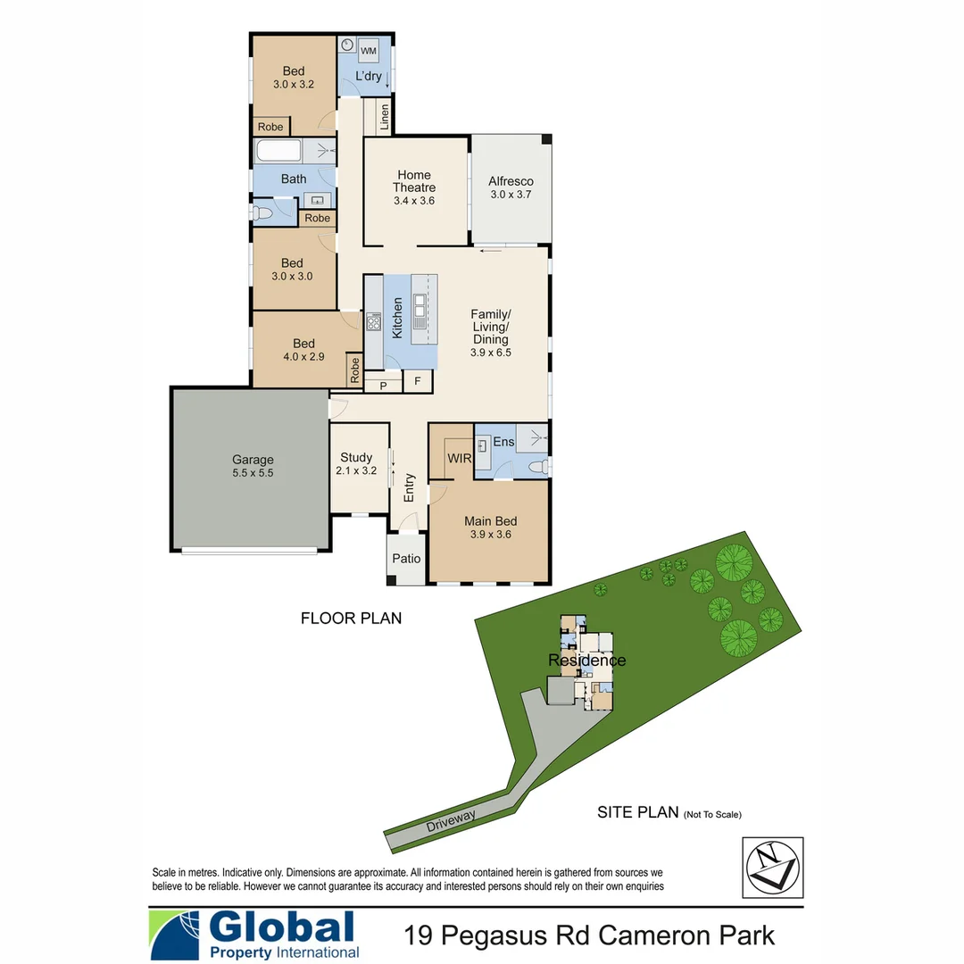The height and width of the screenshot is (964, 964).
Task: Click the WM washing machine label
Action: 369,51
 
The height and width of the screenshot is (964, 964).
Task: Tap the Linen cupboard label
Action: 385,116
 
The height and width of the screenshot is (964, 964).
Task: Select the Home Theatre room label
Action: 414,181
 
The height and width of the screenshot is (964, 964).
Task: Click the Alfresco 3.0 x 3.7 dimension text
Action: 511,195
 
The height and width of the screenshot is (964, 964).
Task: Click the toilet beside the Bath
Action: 262,213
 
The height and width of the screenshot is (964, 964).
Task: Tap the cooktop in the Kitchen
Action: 373,321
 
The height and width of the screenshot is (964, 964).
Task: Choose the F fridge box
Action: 417,382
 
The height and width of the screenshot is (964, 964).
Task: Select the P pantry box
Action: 383,385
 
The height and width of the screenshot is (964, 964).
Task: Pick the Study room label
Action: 357,457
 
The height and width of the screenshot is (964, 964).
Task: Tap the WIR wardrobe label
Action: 460,458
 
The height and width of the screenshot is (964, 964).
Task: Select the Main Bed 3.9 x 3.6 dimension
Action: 491,535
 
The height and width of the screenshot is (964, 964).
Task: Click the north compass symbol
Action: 772,867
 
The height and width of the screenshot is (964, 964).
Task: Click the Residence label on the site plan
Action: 586,661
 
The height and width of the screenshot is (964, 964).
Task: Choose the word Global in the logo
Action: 281,927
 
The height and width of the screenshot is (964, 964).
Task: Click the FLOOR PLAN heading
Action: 351,618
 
